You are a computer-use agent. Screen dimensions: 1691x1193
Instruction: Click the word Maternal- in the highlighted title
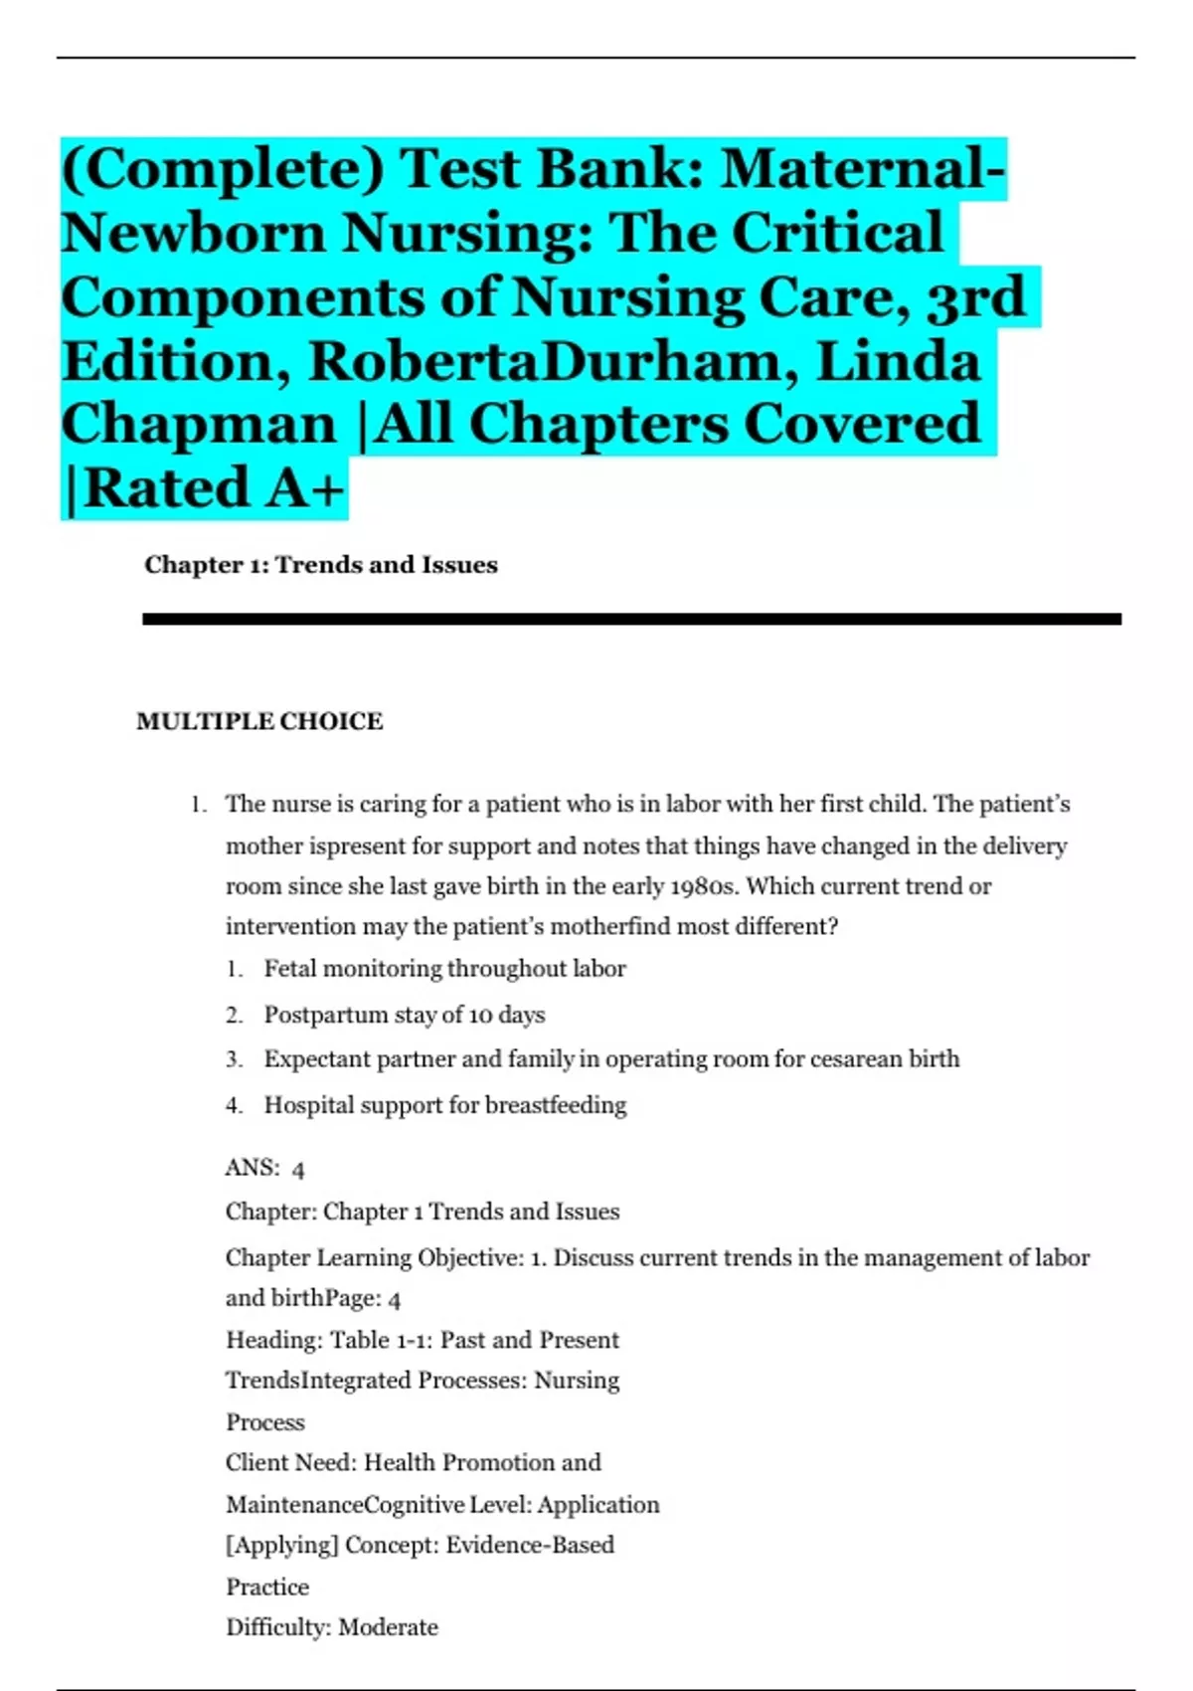tap(862, 169)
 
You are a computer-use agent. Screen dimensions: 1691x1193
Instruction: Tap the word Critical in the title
tap(837, 234)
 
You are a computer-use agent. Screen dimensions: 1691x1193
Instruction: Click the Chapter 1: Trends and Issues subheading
tap(320, 565)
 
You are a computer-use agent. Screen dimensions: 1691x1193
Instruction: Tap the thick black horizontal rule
tap(631, 619)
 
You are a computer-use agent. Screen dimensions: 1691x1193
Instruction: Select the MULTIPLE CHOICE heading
tap(259, 721)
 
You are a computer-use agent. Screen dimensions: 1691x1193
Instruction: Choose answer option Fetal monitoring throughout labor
tap(444, 969)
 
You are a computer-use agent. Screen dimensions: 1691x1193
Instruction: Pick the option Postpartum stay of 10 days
tap(404, 1015)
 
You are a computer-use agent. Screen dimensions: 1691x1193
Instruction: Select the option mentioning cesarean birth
tap(611, 1059)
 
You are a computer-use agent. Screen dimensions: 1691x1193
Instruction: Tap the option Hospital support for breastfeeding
tap(444, 1105)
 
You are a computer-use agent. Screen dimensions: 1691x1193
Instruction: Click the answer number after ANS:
tap(298, 1170)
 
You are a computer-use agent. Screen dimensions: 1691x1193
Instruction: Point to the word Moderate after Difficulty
tap(388, 1627)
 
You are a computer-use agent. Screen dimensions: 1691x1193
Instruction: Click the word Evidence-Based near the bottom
tap(529, 1545)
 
